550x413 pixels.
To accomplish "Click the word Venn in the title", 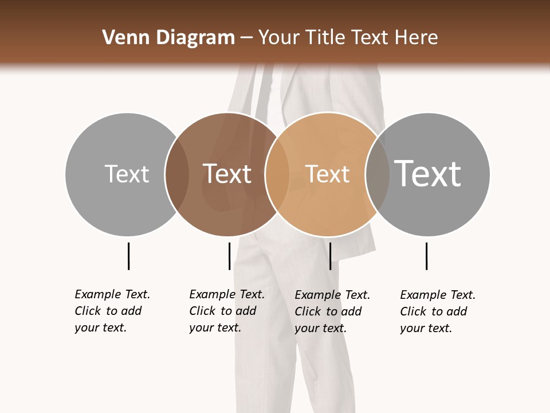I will [121, 38].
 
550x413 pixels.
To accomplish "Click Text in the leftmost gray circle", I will [127, 174].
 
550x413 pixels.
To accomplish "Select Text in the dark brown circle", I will [227, 174].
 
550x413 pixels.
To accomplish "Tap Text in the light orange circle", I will [327, 174].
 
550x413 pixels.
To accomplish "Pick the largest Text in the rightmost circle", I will [427, 174].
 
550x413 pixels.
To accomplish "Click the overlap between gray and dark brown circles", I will [177, 174].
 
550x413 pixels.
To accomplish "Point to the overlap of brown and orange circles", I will [277, 174].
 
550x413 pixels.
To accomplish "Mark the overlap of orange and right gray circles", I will [378, 174].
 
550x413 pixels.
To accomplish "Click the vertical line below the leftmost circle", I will [128, 256].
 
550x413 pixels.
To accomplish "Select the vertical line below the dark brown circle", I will [229, 256].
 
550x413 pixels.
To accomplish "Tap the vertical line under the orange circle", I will [330, 256].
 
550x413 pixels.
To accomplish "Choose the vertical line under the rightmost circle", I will [426, 256].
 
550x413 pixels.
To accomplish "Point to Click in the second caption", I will [202, 311].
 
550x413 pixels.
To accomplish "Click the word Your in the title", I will [280, 38].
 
